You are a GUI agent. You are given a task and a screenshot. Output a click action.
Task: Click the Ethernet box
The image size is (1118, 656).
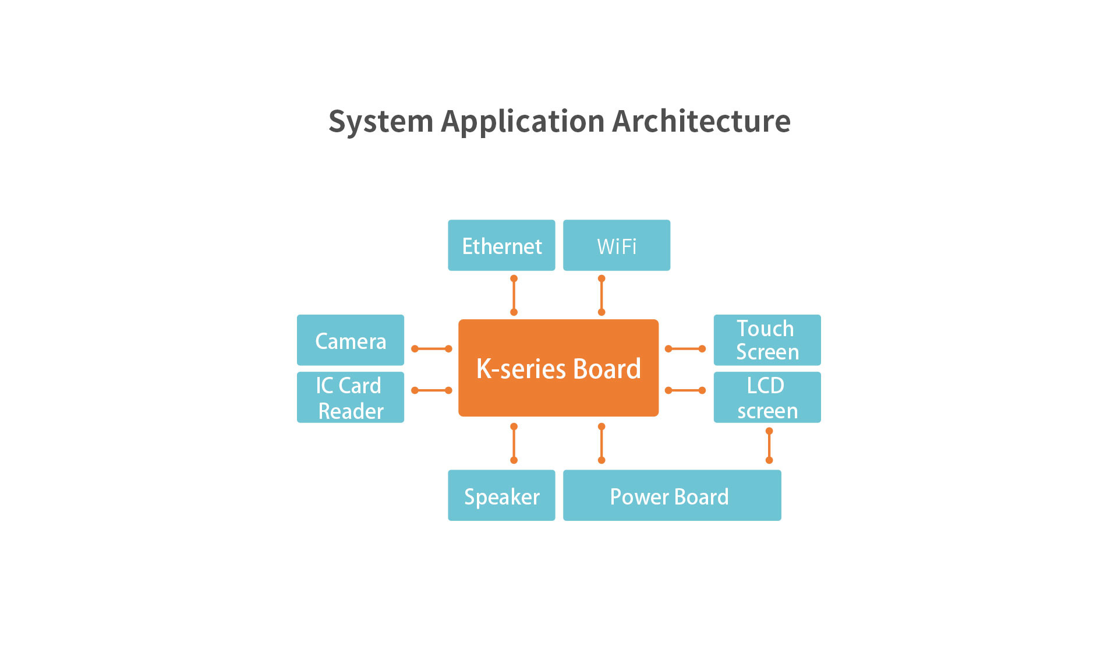click(x=501, y=245)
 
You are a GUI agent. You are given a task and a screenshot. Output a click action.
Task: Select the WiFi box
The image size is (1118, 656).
click(x=617, y=245)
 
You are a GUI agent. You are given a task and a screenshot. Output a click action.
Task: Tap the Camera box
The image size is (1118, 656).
click(x=351, y=340)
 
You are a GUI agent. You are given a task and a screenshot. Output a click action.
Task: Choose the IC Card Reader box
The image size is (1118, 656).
click(x=351, y=397)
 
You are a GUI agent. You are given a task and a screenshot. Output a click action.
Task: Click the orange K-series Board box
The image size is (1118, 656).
click(x=558, y=368)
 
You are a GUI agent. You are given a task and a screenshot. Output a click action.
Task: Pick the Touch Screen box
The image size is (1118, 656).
click(x=767, y=340)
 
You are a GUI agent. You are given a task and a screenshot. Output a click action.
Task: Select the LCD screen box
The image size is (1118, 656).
click(x=767, y=397)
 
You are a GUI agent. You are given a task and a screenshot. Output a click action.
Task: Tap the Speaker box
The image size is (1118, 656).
click(x=501, y=495)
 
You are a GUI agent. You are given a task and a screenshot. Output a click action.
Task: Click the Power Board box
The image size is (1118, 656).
click(x=672, y=495)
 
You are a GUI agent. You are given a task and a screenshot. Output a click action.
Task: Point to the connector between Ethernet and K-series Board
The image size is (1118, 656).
click(x=514, y=295)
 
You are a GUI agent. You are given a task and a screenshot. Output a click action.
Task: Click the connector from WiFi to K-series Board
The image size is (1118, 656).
click(x=602, y=295)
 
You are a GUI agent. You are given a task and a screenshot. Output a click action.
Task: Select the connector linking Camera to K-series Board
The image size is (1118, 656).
click(x=431, y=349)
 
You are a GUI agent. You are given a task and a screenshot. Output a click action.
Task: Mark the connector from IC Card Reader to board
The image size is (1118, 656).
click(x=431, y=390)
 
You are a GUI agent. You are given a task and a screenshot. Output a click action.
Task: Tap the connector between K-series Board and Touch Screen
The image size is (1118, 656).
click(x=685, y=349)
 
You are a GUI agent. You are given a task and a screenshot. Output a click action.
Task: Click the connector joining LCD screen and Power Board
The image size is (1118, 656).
click(x=769, y=446)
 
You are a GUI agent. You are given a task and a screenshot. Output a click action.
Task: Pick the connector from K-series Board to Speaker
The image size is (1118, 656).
click(x=514, y=443)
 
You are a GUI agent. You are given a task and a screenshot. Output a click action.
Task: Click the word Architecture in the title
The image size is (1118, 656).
click(x=701, y=121)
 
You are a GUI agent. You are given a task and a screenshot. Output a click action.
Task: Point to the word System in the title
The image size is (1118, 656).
click(x=381, y=121)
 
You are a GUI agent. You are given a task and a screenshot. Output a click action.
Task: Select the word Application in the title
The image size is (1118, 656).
click(x=523, y=121)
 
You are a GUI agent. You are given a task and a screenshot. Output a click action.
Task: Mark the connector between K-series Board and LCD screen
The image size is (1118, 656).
click(x=685, y=390)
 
